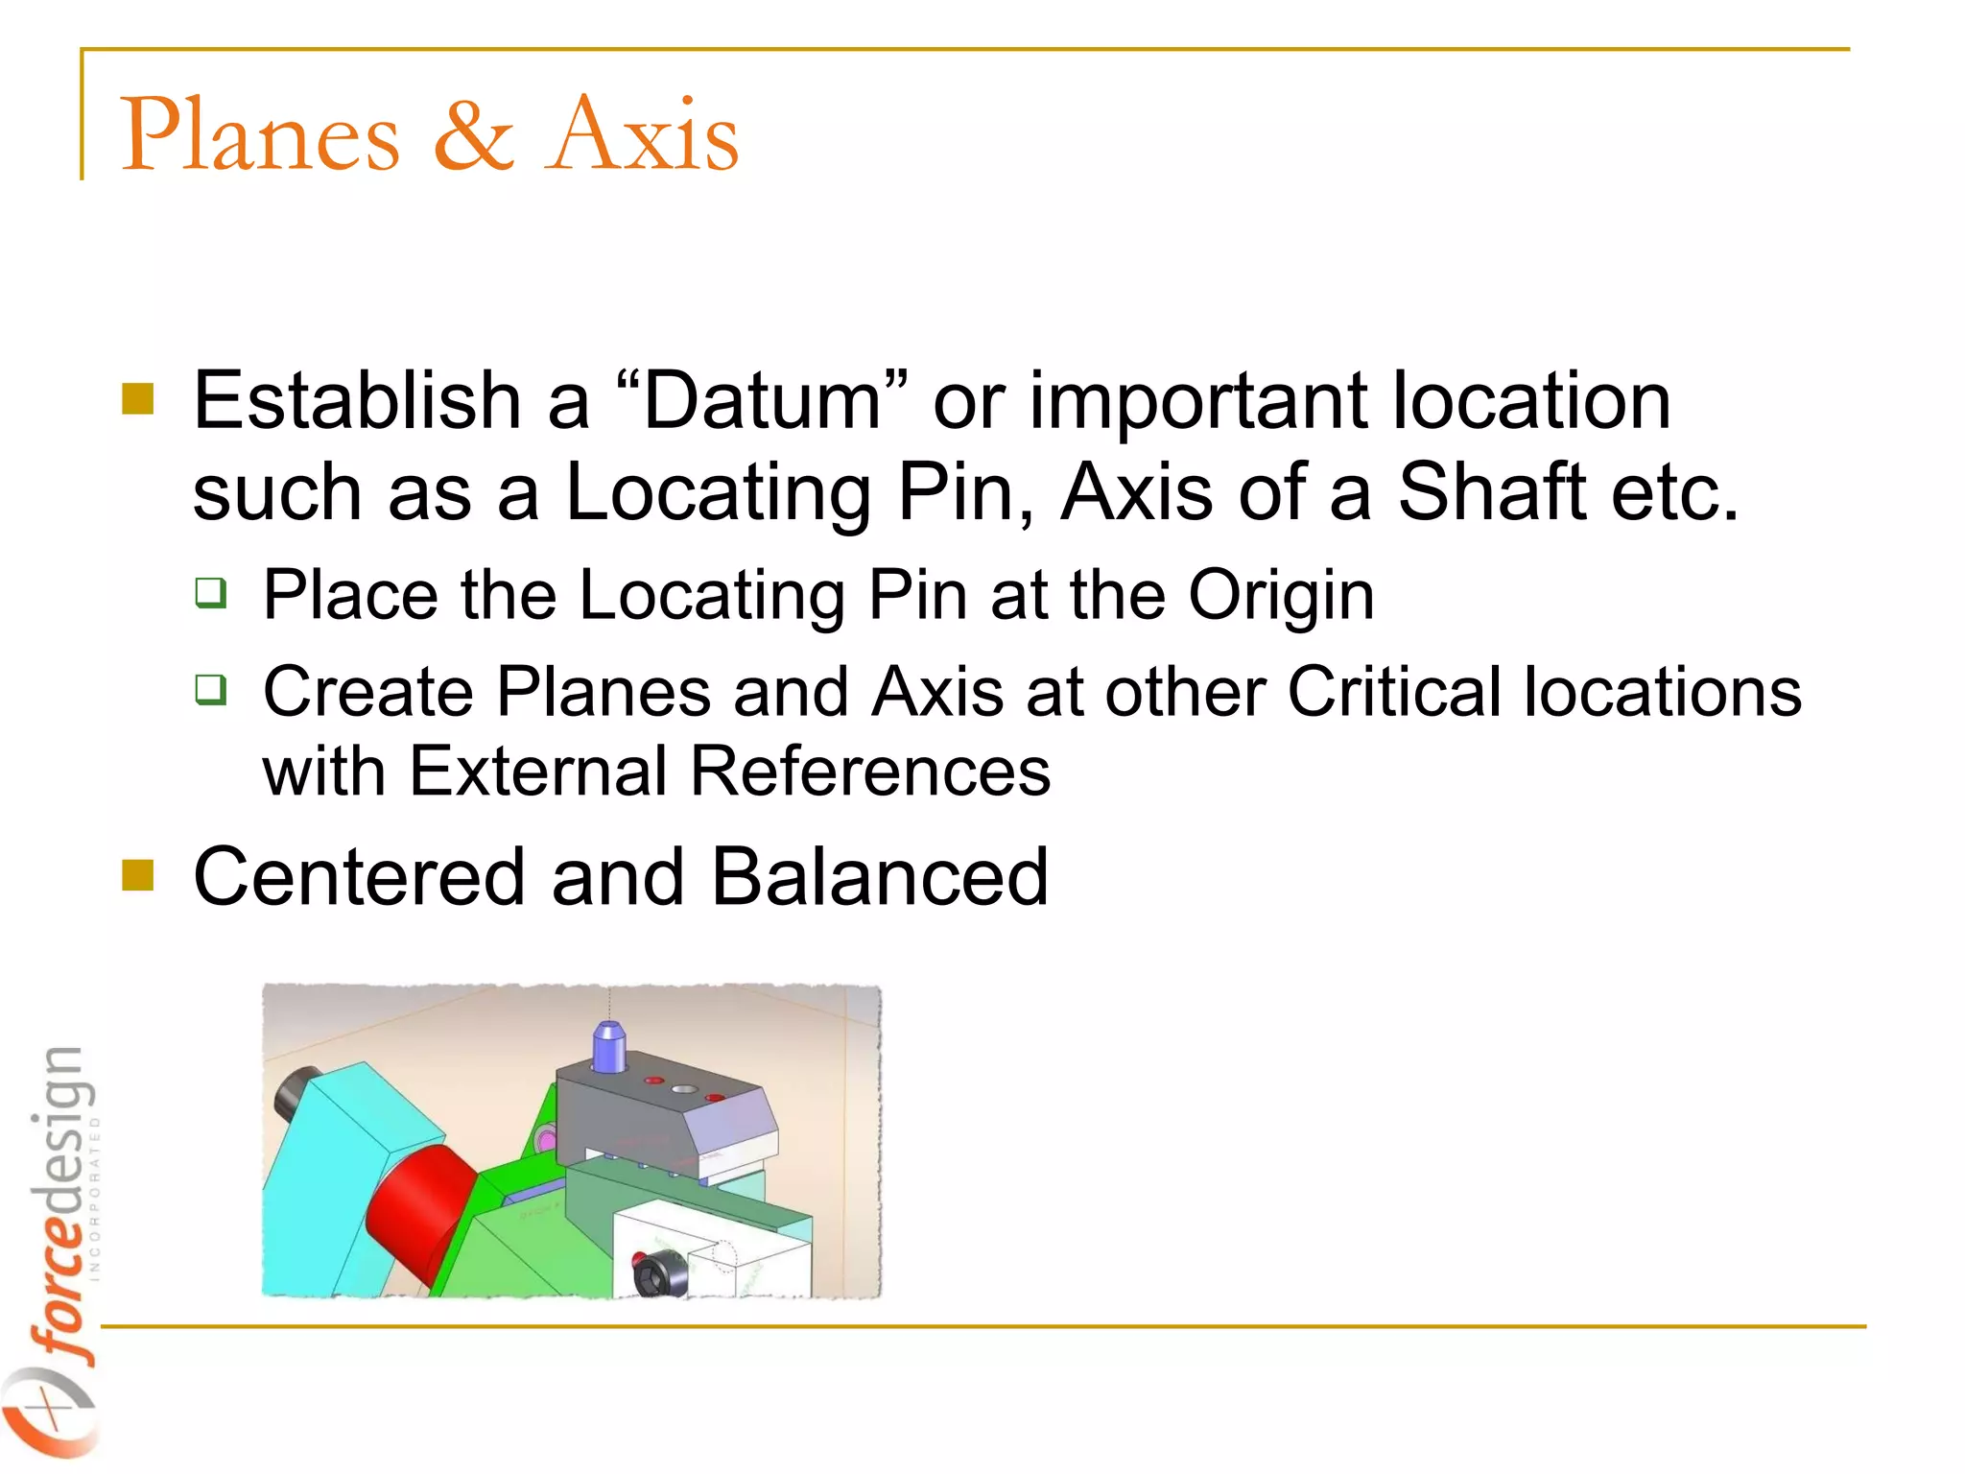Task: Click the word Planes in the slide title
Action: (x=260, y=135)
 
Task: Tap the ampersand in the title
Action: (x=473, y=135)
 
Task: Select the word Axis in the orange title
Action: (x=642, y=135)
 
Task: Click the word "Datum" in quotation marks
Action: (x=761, y=401)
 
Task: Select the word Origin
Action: (x=1281, y=597)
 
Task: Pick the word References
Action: (x=870, y=772)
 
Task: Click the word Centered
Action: (x=359, y=877)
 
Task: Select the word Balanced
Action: (x=879, y=877)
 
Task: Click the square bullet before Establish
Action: (x=138, y=399)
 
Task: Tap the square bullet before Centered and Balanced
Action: (x=138, y=875)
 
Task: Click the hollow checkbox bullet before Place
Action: (x=211, y=593)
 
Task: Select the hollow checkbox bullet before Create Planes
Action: (x=211, y=689)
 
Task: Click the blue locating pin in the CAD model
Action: (x=609, y=1046)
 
